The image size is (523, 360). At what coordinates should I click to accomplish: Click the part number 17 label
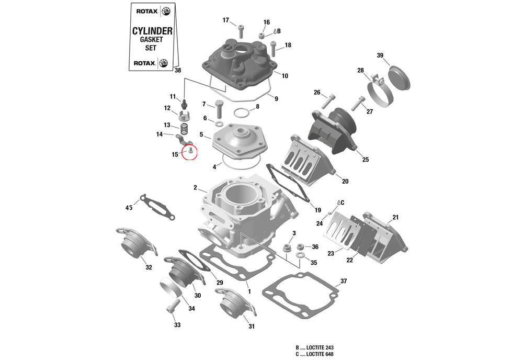coord(226,20)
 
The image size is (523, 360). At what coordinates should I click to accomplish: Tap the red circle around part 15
coord(189,152)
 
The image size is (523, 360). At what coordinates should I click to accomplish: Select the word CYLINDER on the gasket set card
coord(152,31)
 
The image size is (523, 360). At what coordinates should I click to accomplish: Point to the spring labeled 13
coord(184,128)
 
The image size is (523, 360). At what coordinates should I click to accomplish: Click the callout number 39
coord(380,56)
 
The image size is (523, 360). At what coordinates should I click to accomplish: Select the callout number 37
coord(343,282)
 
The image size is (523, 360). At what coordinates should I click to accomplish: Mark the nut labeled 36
coord(300,246)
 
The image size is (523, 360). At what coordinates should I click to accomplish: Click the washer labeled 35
coord(301,255)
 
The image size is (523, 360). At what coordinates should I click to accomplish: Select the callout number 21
coord(395,217)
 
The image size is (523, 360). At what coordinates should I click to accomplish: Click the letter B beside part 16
coord(279,31)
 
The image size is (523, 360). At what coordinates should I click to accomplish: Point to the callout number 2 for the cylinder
coord(195,187)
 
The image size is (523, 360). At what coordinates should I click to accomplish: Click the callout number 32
coord(149,267)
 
